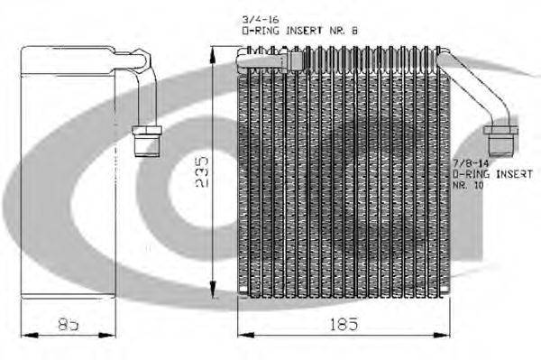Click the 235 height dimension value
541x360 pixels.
tap(202, 172)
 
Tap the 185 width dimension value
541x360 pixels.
tap(344, 324)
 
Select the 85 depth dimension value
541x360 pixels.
tap(68, 325)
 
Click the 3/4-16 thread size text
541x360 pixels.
tap(261, 20)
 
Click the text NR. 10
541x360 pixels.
tap(468, 185)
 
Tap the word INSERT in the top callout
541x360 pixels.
tap(304, 31)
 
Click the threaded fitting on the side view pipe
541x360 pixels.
tap(147, 142)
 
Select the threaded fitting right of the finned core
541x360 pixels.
tap(500, 141)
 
